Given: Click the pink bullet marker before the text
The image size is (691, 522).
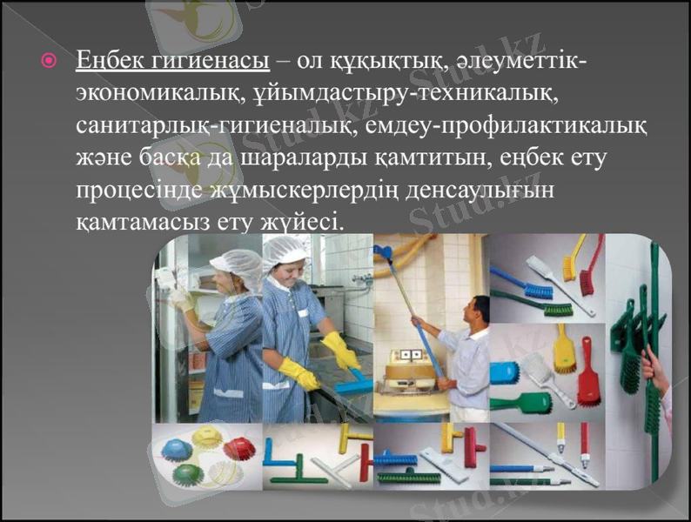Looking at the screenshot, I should [x=50, y=62].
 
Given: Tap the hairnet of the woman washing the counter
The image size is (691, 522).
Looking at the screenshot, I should [x=287, y=250].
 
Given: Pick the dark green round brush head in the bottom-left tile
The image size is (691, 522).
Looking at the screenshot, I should [x=189, y=475].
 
